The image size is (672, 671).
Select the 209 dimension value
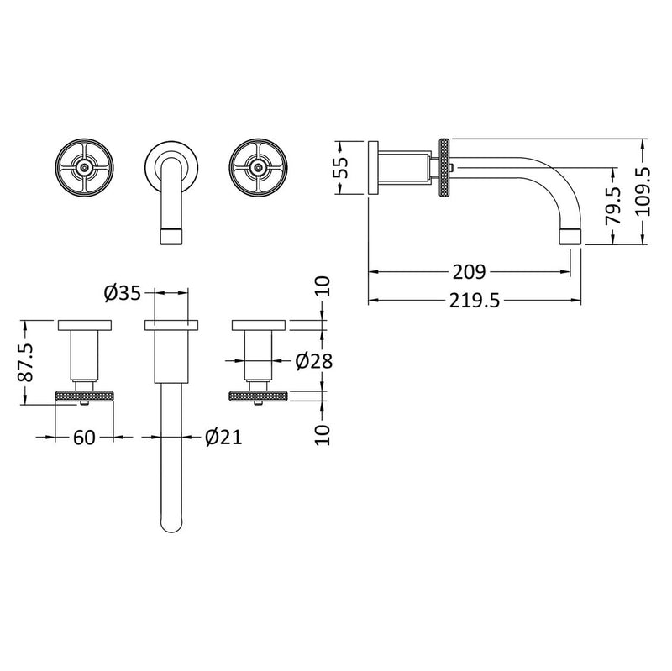click(x=470, y=272)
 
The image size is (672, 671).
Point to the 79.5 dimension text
click(x=614, y=204)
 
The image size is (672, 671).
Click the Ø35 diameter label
click(x=122, y=293)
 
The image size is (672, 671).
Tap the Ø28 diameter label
click(x=314, y=361)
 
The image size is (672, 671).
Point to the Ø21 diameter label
click(x=223, y=437)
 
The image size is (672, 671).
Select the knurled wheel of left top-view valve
click(x=84, y=396)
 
